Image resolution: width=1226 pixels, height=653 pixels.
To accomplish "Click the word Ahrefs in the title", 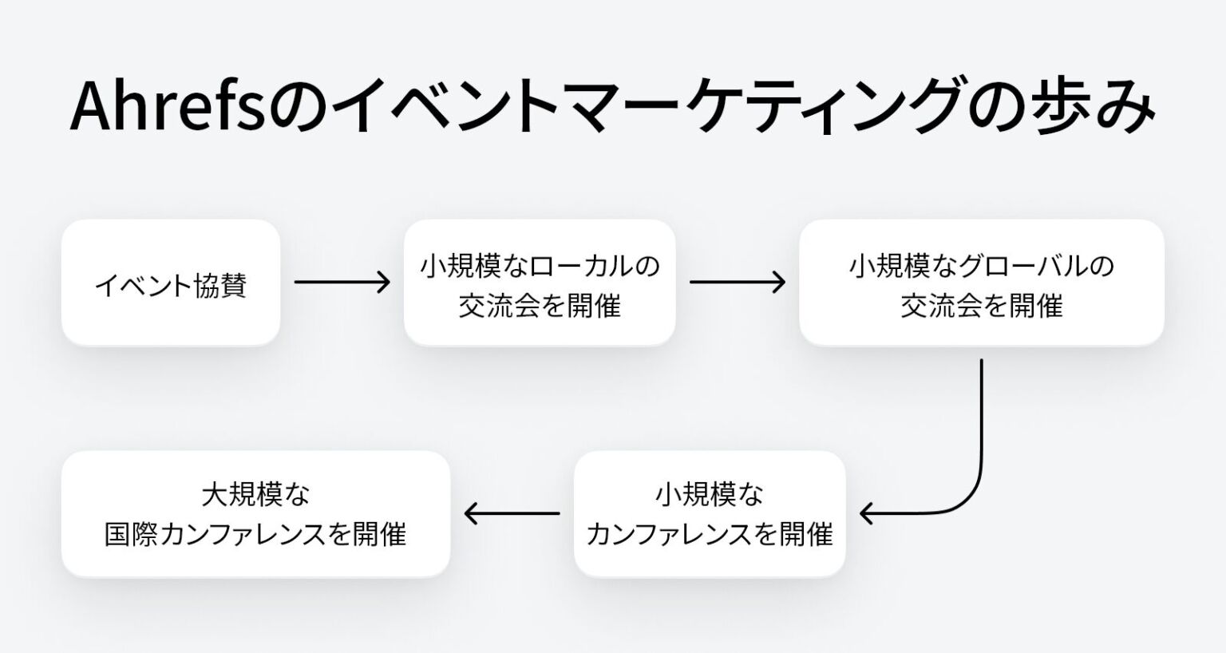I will pyautogui.click(x=168, y=105).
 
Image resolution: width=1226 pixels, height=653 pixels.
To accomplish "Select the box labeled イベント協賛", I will pyautogui.click(x=171, y=283).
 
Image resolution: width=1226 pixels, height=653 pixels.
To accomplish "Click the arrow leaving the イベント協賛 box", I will pyautogui.click(x=342, y=282).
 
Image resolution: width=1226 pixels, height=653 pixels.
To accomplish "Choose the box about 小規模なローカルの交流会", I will pyautogui.click(x=540, y=283).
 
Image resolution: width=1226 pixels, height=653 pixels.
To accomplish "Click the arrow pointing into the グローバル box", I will pyautogui.click(x=737, y=282).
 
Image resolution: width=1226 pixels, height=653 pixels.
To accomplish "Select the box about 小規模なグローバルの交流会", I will pyautogui.click(x=981, y=283).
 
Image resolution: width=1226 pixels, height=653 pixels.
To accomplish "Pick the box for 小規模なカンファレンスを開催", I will pyautogui.click(x=709, y=513).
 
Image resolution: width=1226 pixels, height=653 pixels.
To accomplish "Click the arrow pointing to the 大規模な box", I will pyautogui.click(x=512, y=513).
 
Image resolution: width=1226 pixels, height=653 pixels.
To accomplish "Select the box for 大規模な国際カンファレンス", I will pyautogui.click(x=255, y=513).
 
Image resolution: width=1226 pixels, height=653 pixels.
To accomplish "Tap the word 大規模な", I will pyautogui.click(x=255, y=495).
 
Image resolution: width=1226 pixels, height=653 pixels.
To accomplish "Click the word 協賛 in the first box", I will pyautogui.click(x=220, y=285).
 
